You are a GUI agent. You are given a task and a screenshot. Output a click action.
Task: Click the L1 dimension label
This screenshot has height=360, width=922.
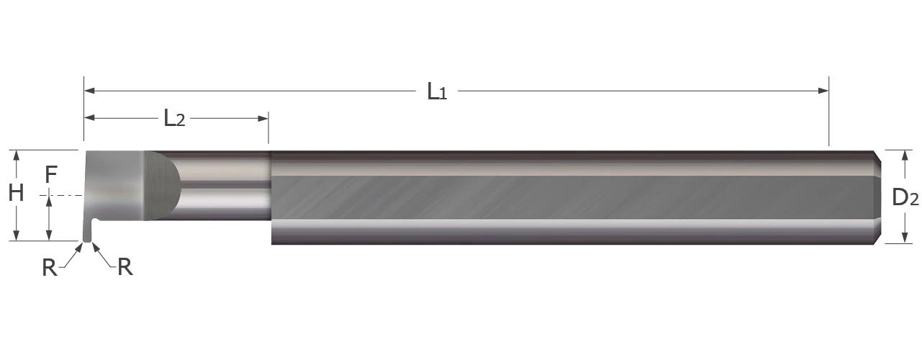[437, 91]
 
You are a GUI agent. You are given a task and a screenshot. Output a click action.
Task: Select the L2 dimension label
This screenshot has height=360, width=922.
[174, 118]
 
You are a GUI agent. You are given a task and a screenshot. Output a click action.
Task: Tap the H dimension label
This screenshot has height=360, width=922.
[16, 193]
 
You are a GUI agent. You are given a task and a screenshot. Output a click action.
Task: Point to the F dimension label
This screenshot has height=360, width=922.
[50, 174]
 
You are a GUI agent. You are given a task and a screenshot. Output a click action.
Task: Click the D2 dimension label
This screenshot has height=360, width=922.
[905, 197]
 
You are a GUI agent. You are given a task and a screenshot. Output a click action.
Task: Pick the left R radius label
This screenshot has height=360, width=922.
[49, 268]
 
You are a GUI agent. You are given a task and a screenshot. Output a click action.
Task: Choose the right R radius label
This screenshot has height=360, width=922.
[125, 267]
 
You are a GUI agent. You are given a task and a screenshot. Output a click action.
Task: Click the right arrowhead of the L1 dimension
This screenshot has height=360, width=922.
[824, 91]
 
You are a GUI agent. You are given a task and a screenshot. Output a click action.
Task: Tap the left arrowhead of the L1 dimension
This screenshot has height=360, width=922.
[89, 91]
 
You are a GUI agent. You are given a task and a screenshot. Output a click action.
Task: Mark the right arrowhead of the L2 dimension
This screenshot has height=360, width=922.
[263, 117]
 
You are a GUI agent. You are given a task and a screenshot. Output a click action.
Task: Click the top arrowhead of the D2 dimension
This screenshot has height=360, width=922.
[904, 154]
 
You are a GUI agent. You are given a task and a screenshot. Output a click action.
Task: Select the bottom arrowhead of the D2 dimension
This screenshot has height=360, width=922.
[904, 238]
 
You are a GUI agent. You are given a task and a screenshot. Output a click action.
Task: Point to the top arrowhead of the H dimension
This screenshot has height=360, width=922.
[17, 154]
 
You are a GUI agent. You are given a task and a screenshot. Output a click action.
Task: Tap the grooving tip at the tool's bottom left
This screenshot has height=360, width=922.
[87, 234]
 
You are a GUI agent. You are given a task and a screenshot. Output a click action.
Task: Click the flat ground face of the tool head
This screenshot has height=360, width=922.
[119, 186]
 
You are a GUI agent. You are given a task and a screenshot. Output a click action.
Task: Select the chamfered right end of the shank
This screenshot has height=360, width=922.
[878, 196]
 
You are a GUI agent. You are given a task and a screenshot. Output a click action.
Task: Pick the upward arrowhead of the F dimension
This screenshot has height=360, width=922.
[50, 201]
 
